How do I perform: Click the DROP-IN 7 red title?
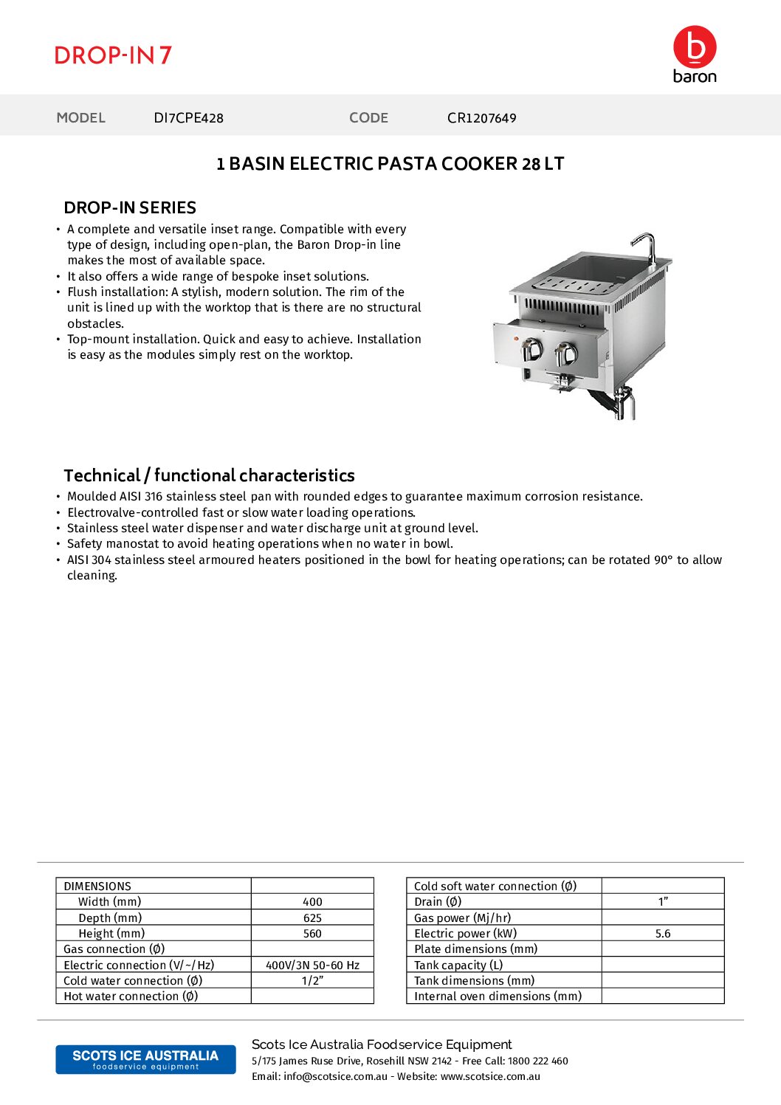(113, 55)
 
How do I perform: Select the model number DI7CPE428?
(188, 118)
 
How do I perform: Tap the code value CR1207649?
(481, 118)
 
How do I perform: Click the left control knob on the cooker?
(532, 350)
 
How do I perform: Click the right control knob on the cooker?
(566, 354)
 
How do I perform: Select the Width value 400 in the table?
(312, 902)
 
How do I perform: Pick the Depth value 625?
(312, 918)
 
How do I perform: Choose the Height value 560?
(312, 934)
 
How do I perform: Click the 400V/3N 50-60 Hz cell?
(312, 965)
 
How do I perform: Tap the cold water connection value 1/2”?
(312, 981)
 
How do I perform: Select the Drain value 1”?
(663, 902)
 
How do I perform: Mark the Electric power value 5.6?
(663, 934)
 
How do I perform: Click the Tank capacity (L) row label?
(458, 965)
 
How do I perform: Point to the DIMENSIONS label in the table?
(97, 887)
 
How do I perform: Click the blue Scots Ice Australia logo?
(145, 1059)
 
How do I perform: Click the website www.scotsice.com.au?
(490, 1077)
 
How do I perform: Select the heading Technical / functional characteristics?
(209, 475)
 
